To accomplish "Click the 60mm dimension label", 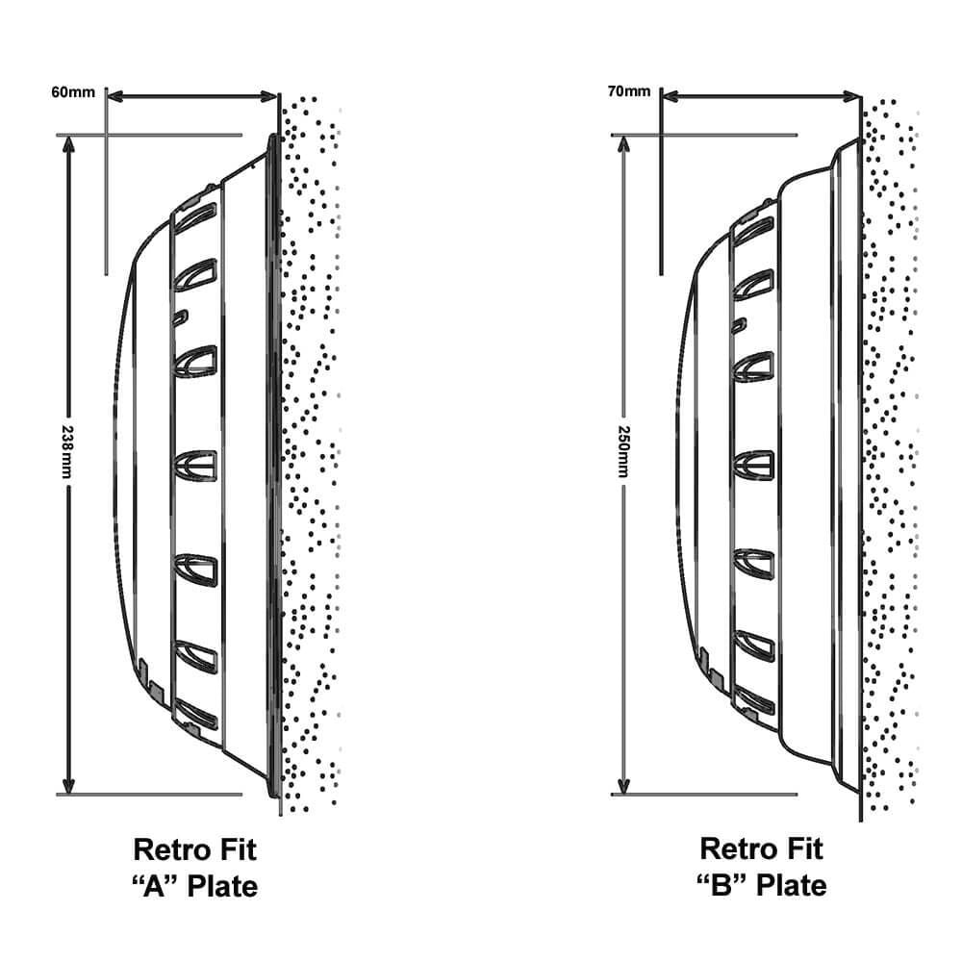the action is pyautogui.click(x=73, y=92).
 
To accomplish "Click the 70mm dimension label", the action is pyautogui.click(x=629, y=91).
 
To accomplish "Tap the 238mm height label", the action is pyautogui.click(x=67, y=451).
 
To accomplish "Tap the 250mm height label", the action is pyautogui.click(x=622, y=451).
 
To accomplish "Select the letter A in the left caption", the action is pyautogui.click(x=155, y=887).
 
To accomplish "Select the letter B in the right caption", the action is pyautogui.click(x=722, y=886).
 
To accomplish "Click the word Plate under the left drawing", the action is pyautogui.click(x=221, y=886).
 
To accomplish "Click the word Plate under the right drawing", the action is pyautogui.click(x=791, y=885).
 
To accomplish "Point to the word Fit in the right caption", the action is pyautogui.click(x=803, y=849).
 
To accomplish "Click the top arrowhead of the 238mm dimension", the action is pyautogui.click(x=68, y=144).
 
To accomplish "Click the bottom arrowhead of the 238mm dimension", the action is pyautogui.click(x=68, y=785).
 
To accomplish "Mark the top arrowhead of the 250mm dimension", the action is pyautogui.click(x=623, y=144).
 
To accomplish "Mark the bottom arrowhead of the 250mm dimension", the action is pyautogui.click(x=623, y=785).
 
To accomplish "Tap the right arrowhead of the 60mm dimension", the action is pyautogui.click(x=268, y=96).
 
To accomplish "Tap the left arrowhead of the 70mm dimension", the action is pyautogui.click(x=671, y=95).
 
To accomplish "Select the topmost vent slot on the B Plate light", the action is pyautogui.click(x=753, y=230).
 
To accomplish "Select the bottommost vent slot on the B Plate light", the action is pyautogui.click(x=754, y=700).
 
